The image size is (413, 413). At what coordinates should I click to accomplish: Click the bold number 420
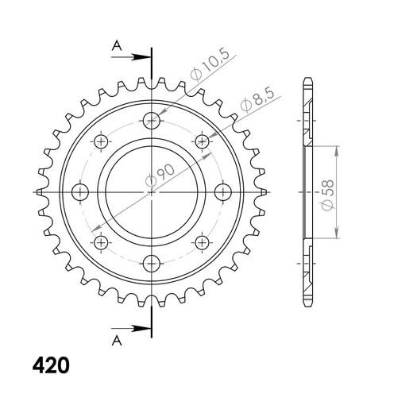pyautogui.click(x=51, y=366)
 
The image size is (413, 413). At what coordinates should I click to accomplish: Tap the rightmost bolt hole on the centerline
pyautogui.click(x=223, y=191)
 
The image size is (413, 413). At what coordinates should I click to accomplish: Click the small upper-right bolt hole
pyautogui.click(x=202, y=141)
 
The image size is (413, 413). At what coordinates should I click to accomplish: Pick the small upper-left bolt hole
pyautogui.click(x=101, y=141)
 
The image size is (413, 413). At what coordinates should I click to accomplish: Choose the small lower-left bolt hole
pyautogui.click(x=101, y=242)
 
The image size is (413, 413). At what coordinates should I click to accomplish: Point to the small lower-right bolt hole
pyautogui.click(x=202, y=242)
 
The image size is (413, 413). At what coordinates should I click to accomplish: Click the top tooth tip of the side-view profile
pyautogui.click(x=307, y=80)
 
